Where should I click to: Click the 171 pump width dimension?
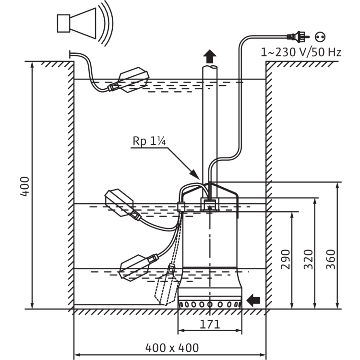tap(210, 324)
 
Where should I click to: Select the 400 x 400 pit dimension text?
tap(172, 348)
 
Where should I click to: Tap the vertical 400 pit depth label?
tap(25, 186)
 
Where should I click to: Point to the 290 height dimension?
tap(286, 259)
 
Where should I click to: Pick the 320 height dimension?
tap(308, 259)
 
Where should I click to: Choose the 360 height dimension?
tap(331, 259)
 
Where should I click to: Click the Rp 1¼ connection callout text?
tap(149, 141)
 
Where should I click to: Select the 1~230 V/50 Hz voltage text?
tap(301, 52)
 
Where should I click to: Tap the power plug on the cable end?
tap(298, 37)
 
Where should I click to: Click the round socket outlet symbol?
tap(320, 37)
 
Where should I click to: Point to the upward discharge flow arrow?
tap(210, 56)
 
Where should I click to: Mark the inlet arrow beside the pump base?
tap(253, 300)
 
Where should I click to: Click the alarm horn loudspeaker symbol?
tap(85, 24)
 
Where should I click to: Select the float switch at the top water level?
tap(129, 80)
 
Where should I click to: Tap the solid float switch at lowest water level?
tap(139, 267)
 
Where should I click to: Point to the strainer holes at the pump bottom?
tap(210, 305)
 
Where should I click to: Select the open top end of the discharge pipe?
tap(210, 67)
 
